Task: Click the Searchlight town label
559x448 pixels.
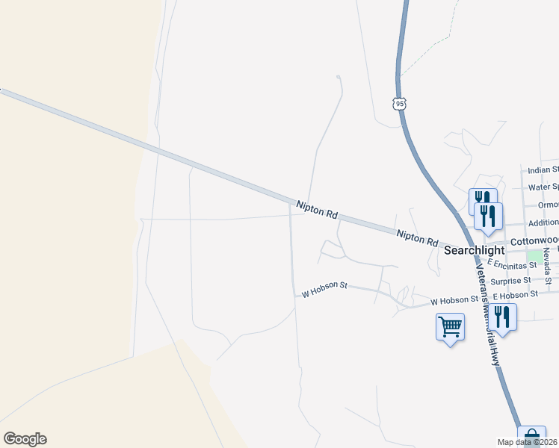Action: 475,251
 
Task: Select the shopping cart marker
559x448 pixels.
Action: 450,326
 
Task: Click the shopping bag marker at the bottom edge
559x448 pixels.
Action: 531,438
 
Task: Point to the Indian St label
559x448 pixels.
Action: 543,170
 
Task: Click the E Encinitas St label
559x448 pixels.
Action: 513,264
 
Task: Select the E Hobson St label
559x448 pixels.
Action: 510,295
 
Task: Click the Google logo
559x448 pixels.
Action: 25,439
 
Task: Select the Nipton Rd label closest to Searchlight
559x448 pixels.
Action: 418,237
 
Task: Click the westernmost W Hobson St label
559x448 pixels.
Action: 325,290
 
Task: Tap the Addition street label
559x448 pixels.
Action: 543,223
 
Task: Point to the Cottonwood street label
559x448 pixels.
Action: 534,242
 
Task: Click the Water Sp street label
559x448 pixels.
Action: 543,187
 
